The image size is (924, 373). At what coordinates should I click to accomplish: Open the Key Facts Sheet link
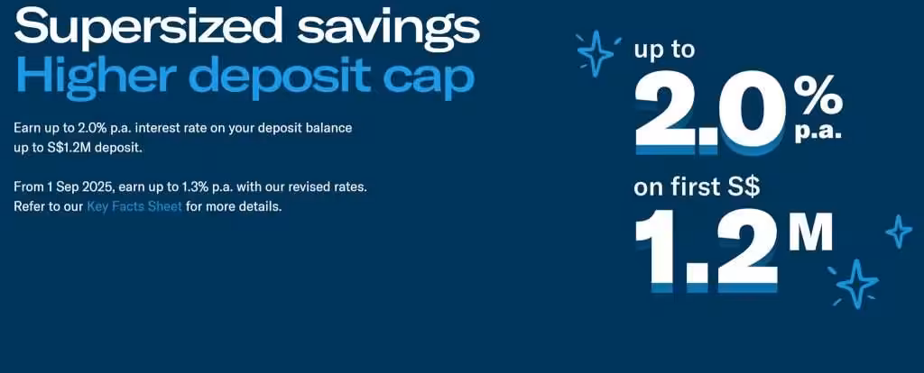pyautogui.click(x=134, y=206)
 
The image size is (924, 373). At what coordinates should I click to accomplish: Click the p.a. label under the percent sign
pyautogui.click(x=818, y=132)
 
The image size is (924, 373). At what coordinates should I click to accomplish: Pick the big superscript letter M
pyautogui.click(x=808, y=234)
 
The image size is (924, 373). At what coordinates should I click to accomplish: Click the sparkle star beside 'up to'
pyautogui.click(x=596, y=52)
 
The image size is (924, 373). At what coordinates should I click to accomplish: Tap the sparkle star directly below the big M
pyautogui.click(x=855, y=284)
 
